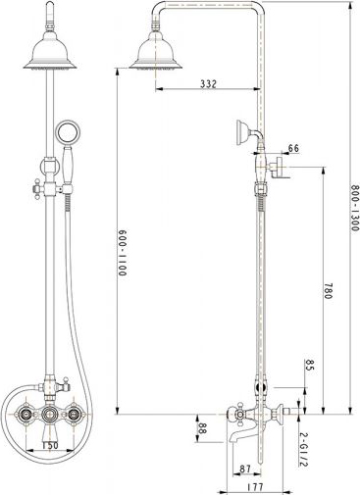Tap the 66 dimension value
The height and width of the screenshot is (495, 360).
click(293, 149)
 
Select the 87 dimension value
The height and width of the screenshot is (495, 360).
click(244, 468)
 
